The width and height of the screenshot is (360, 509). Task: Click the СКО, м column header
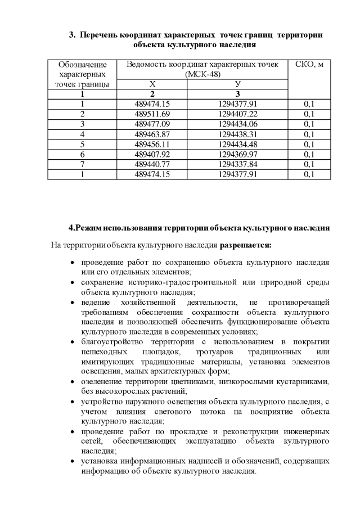pyautogui.click(x=309, y=64)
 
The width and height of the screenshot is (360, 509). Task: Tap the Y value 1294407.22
pyautogui.click(x=237, y=114)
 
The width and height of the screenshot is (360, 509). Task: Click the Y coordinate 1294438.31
pyautogui.click(x=237, y=134)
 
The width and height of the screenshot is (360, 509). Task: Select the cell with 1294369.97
pyautogui.click(x=237, y=154)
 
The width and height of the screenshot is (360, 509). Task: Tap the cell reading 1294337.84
pyautogui.click(x=237, y=164)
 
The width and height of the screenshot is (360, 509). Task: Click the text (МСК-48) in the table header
pyautogui.click(x=202, y=74)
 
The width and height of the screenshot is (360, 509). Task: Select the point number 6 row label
pyautogui.click(x=82, y=154)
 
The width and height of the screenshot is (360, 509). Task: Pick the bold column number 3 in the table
pyautogui.click(x=237, y=94)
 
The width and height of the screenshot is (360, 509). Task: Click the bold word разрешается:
pyautogui.click(x=245, y=245)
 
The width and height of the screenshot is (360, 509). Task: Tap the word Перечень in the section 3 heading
pyautogui.click(x=99, y=35)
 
